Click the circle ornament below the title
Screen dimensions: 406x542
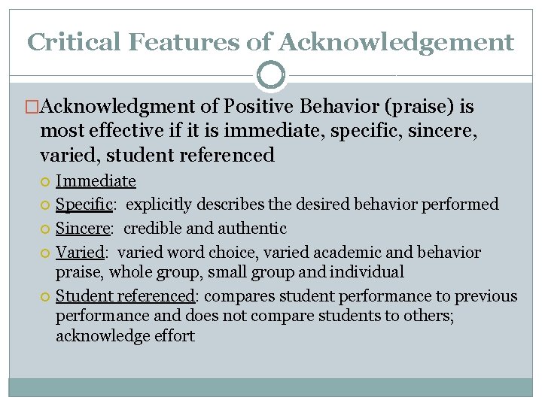pyautogui.click(x=271, y=75)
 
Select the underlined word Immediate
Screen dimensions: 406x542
pyautogui.click(x=96, y=180)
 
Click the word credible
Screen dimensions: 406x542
pyautogui.click(x=152, y=229)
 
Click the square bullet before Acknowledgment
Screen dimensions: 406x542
pyautogui.click(x=32, y=108)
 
